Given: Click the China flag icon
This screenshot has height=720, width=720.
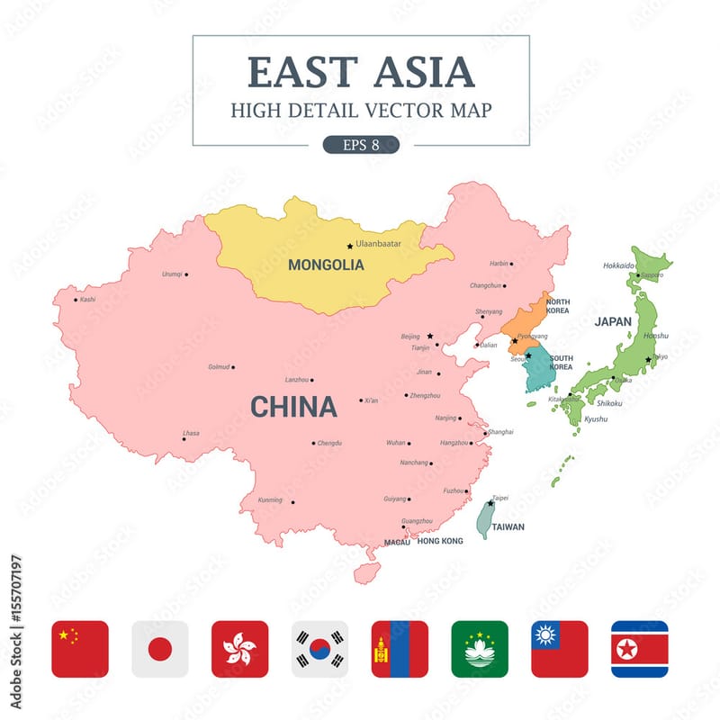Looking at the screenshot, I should tap(80, 649).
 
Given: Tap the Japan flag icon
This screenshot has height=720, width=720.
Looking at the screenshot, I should tap(160, 649).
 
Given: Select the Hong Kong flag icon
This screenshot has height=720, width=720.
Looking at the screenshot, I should tap(239, 649).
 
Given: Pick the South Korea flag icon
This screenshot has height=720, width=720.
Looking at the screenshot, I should tap(319, 649).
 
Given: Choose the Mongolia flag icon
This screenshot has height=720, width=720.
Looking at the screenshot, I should tap(400, 649).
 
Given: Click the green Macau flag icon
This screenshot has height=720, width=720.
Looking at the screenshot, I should tap(480, 649).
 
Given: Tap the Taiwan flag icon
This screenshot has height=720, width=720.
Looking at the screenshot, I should tap(560, 649).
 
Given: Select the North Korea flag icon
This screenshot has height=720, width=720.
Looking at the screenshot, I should tap(640, 649).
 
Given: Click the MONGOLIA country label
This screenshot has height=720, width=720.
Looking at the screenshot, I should tap(326, 265).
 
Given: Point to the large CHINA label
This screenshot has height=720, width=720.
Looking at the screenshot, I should tap(293, 407).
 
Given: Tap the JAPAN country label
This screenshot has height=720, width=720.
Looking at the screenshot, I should tap(612, 321).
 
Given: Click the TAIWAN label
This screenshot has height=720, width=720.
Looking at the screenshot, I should tap(508, 527).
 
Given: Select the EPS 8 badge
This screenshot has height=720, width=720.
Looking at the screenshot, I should tap(361, 145).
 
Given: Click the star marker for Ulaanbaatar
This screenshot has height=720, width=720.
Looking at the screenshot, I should tap(350, 246).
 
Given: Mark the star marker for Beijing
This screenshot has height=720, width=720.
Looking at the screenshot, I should tap(429, 336).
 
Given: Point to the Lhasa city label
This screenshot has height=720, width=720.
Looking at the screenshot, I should tap(191, 433).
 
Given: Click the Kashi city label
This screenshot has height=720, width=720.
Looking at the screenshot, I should tap(87, 299).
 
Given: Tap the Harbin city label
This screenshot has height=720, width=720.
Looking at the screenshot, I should tap(499, 264).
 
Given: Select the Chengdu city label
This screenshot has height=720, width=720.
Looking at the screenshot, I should tap(329, 443).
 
